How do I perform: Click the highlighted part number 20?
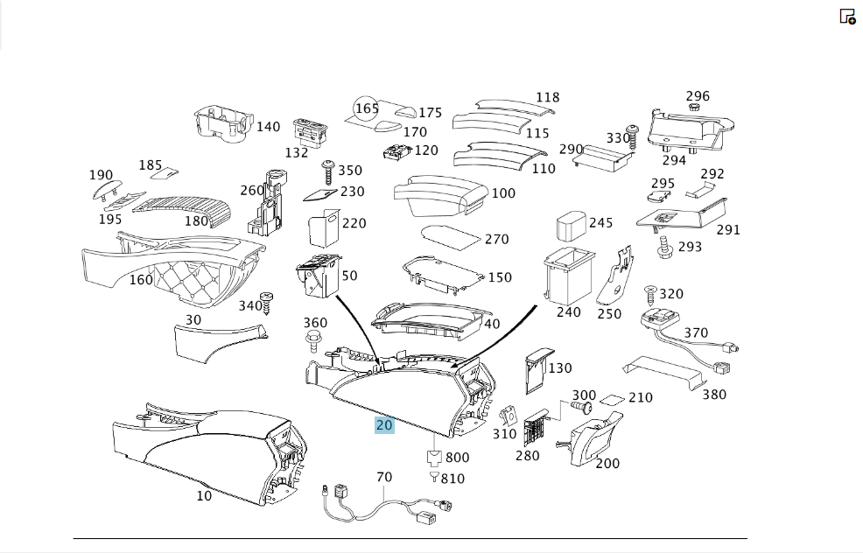(x=384, y=425)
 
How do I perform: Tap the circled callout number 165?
(x=367, y=108)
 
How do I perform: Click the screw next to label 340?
(x=268, y=303)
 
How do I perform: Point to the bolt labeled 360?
(x=312, y=340)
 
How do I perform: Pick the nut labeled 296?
(x=694, y=106)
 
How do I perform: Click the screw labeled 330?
(x=633, y=137)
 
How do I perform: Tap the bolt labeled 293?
(x=665, y=248)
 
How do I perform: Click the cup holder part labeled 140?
(x=222, y=124)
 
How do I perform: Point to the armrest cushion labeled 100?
(x=441, y=195)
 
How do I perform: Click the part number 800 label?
(x=458, y=458)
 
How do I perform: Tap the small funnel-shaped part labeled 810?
(x=434, y=477)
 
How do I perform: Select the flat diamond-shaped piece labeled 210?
(x=612, y=400)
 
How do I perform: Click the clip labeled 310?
(x=509, y=416)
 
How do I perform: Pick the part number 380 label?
(x=714, y=395)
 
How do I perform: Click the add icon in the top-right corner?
(x=847, y=17)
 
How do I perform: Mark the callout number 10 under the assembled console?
(x=204, y=496)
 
